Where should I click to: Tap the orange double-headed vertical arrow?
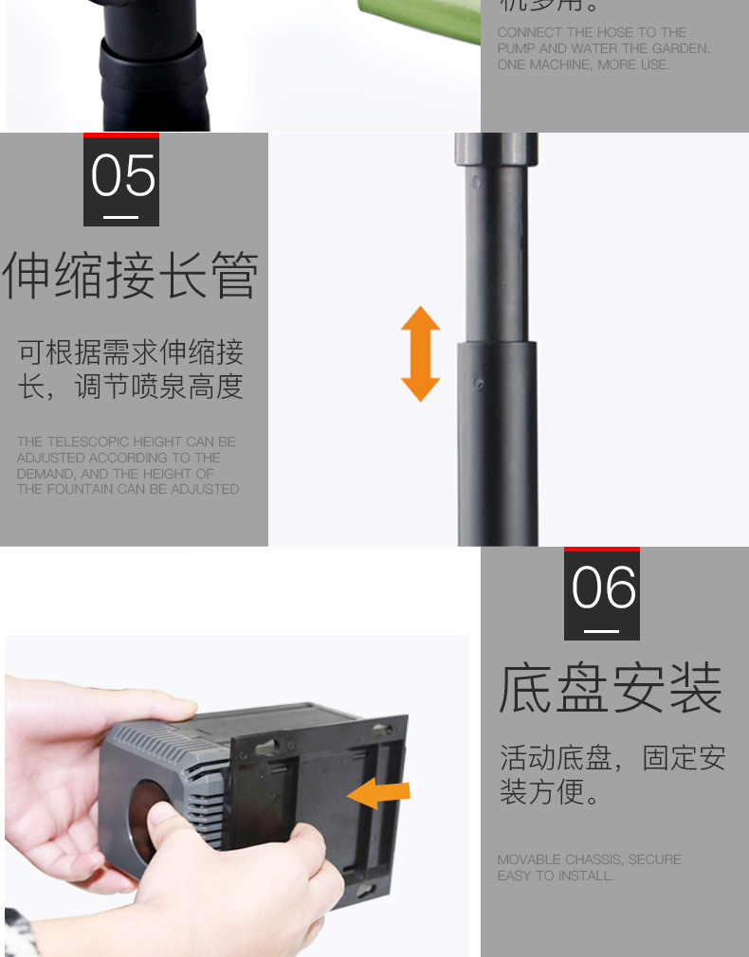click(x=420, y=353)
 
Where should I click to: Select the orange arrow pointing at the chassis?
click(x=379, y=793)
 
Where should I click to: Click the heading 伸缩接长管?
click(x=131, y=277)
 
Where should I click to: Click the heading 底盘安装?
click(x=612, y=689)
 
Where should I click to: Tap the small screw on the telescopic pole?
click(x=479, y=384)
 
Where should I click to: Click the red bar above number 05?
click(x=121, y=135)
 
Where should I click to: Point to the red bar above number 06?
click(x=602, y=549)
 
